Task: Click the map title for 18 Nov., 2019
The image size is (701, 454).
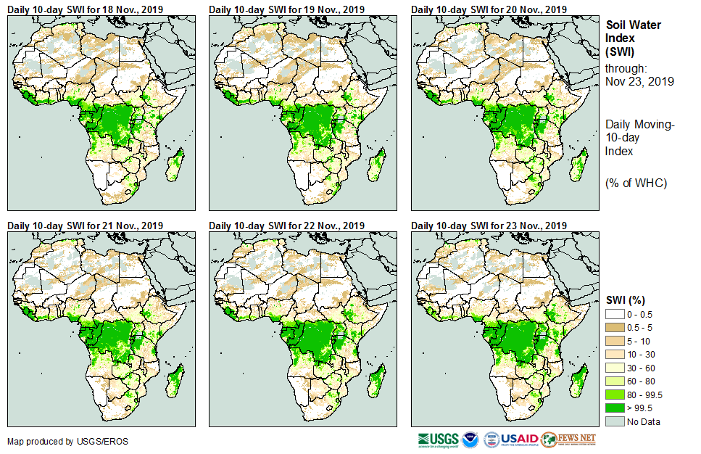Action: pos(85,9)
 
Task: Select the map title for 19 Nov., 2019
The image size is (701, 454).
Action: pos(286,9)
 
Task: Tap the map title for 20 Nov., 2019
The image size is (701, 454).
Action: pos(489,9)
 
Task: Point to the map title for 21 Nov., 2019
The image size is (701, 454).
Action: pos(85,226)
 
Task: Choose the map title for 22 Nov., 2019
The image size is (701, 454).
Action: pos(286,226)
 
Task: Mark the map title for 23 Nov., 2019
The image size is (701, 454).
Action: pos(489,226)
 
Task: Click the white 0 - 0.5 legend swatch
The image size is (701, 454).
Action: pos(615,313)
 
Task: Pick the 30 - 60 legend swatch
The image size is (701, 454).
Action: pos(615,368)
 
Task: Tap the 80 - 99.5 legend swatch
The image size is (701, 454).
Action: pos(615,395)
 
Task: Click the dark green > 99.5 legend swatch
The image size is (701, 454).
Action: pos(615,408)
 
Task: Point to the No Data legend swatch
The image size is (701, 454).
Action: pos(615,421)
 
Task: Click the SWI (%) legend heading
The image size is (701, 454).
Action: pos(626,300)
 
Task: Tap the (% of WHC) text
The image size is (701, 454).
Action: pos(636,182)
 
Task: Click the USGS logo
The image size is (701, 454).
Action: pos(438,439)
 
